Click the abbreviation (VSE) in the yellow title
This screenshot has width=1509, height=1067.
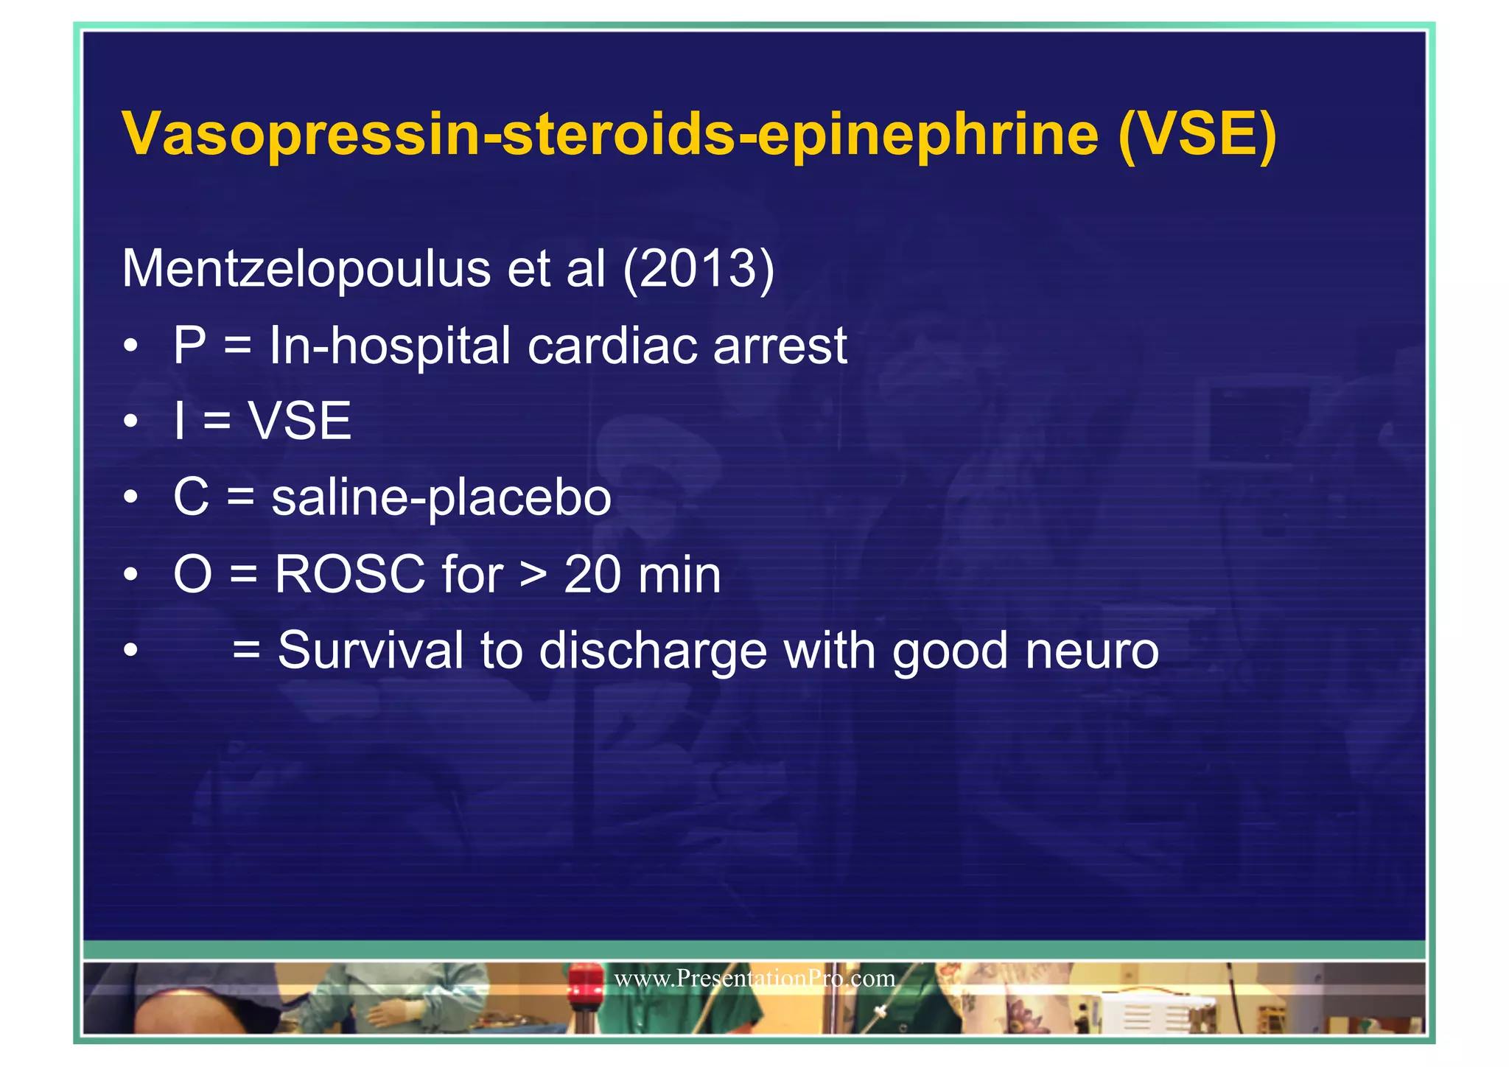point(1197,134)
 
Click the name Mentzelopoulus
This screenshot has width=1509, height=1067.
point(306,268)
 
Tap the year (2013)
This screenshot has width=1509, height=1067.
point(698,268)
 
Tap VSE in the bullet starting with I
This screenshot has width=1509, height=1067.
point(300,421)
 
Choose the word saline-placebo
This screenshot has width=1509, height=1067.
point(441,498)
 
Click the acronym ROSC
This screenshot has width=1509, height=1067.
point(349,574)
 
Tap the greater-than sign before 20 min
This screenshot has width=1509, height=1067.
point(533,574)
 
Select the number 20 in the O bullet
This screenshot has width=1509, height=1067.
point(592,574)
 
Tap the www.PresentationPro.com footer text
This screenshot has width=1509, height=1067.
point(754,979)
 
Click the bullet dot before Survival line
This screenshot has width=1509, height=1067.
point(131,651)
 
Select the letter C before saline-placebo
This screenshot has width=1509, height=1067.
point(191,497)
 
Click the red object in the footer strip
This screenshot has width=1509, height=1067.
point(584,981)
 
